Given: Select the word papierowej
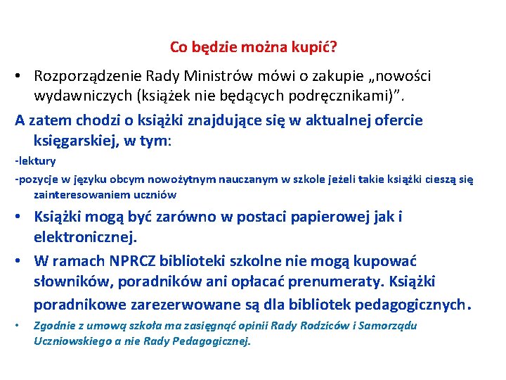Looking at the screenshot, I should (321, 217).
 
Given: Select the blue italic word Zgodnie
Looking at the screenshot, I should (52, 325).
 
